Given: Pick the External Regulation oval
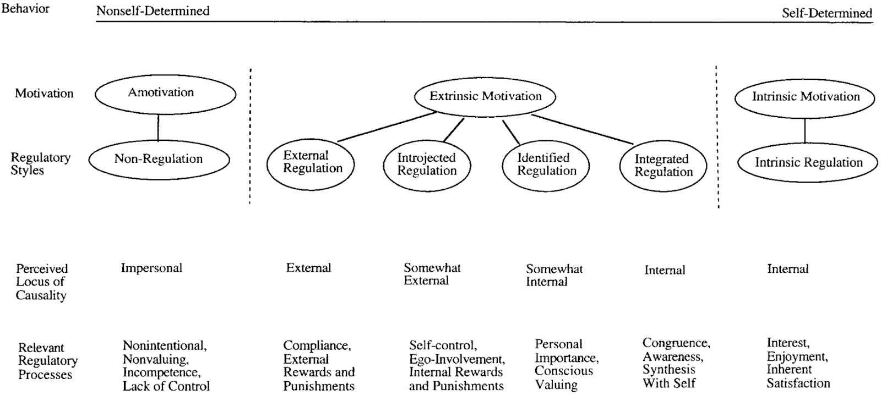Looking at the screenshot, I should [311, 163].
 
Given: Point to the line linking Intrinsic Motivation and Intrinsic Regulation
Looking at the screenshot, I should [805, 130].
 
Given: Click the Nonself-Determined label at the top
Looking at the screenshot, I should [153, 11].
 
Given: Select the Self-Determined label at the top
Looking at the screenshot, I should [826, 13].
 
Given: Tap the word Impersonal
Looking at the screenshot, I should [151, 268].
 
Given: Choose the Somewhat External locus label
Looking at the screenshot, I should [432, 275].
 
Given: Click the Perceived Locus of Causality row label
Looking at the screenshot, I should [41, 282].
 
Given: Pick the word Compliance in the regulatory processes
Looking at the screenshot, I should [317, 346].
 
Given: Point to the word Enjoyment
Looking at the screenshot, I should [797, 356].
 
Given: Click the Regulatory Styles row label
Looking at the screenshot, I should [40, 164].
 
